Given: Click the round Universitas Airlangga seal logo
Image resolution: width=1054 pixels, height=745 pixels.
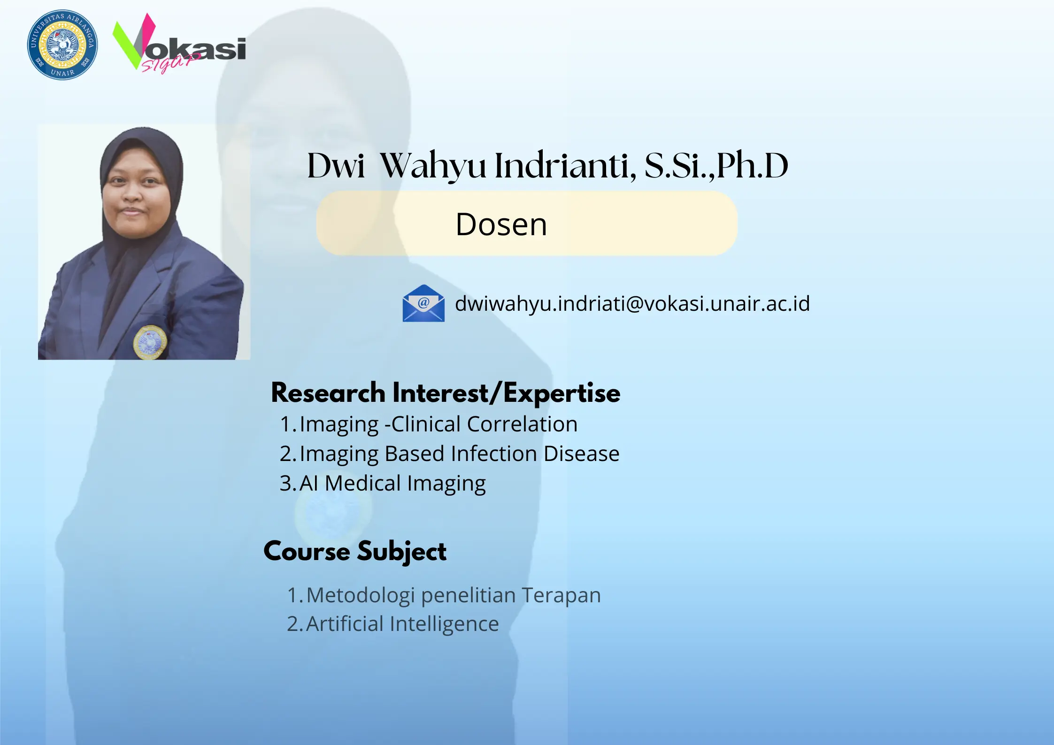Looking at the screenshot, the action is click(62, 45).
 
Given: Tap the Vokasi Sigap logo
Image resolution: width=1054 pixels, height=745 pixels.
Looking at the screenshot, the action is click(179, 43).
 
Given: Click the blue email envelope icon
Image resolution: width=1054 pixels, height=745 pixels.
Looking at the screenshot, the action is click(423, 303).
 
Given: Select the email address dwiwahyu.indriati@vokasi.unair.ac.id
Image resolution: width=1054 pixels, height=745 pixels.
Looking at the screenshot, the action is click(632, 304).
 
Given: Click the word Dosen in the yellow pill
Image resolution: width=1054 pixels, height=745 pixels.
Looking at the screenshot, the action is click(501, 224).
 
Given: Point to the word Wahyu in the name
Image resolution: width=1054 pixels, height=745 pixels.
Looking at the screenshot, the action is click(433, 167).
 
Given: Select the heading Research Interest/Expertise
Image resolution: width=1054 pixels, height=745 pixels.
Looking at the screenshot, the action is click(446, 392).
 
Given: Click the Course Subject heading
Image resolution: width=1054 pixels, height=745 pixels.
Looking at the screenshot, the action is click(355, 551).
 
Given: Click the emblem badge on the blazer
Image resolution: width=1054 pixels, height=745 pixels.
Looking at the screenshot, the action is click(150, 342).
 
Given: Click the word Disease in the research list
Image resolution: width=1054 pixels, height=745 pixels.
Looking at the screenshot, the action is click(582, 454).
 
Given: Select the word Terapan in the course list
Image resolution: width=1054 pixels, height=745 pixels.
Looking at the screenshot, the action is click(561, 595).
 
